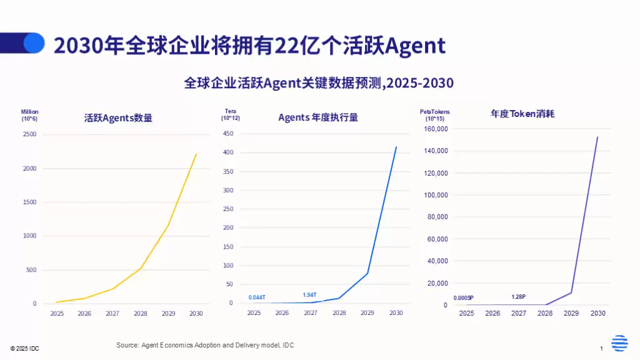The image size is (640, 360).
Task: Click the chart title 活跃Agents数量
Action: click(118, 117)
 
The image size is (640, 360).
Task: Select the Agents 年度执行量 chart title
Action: click(317, 117)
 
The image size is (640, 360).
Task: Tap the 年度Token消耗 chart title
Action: click(522, 114)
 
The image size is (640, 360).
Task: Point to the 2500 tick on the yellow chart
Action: click(30, 134)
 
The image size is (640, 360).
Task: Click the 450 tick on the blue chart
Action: click(227, 134)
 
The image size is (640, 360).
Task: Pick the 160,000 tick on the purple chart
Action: click(436, 129)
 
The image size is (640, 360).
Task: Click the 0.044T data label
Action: click(257, 297)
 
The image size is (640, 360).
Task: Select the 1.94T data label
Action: click(309, 295)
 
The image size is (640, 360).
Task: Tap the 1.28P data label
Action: click(518, 296)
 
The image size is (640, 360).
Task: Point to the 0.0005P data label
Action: click(463, 297)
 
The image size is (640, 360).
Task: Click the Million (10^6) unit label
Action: click(29, 115)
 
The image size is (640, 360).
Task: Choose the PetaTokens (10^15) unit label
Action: click(434, 115)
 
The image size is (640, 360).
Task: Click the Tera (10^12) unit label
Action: click(230, 114)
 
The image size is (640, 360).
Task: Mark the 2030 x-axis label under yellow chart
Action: click(196, 314)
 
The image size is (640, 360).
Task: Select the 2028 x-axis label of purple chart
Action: click(545, 313)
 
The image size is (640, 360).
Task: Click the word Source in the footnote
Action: click(127, 345)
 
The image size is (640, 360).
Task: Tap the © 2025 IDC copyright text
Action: click(24, 348)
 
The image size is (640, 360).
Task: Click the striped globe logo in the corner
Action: click(619, 343)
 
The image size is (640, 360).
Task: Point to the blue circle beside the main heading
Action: click(34, 42)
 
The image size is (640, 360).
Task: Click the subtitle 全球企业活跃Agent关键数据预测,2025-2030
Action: click(319, 83)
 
